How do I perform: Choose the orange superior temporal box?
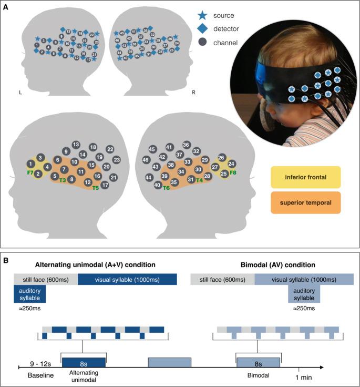click(305, 202)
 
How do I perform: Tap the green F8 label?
click(233, 172)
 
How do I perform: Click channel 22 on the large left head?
click(110, 149)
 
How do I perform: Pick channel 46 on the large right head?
click(146, 159)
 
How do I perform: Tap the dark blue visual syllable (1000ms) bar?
click(128, 280)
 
